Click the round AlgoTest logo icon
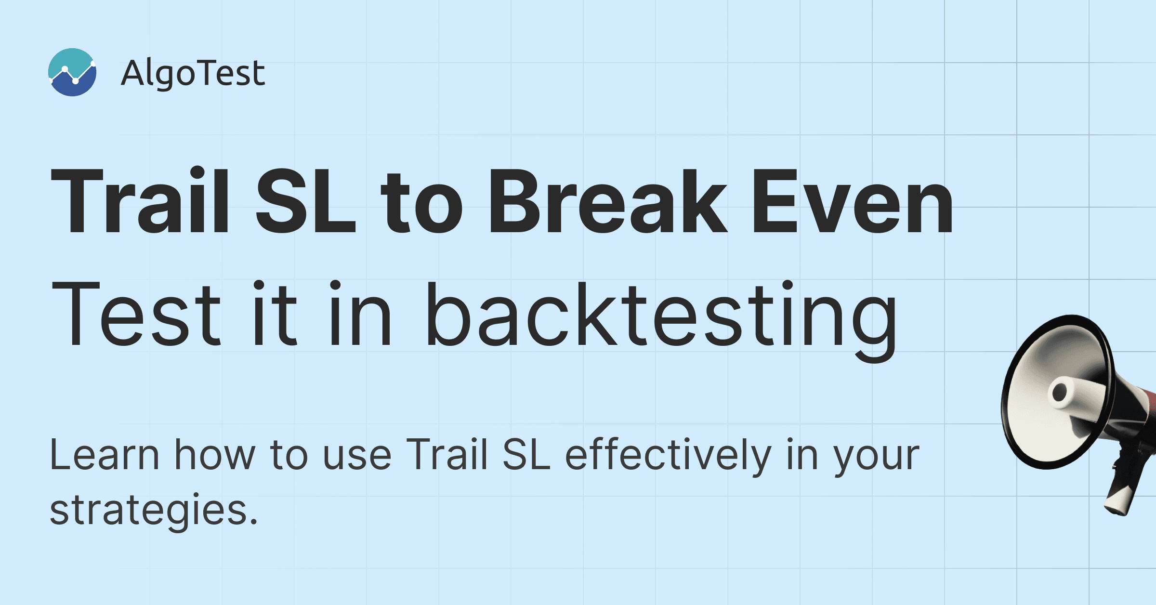point(72,72)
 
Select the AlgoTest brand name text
point(193,73)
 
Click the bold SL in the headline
point(305,201)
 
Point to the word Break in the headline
point(608,201)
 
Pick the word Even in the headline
point(853,201)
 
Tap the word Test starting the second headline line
point(136,314)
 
